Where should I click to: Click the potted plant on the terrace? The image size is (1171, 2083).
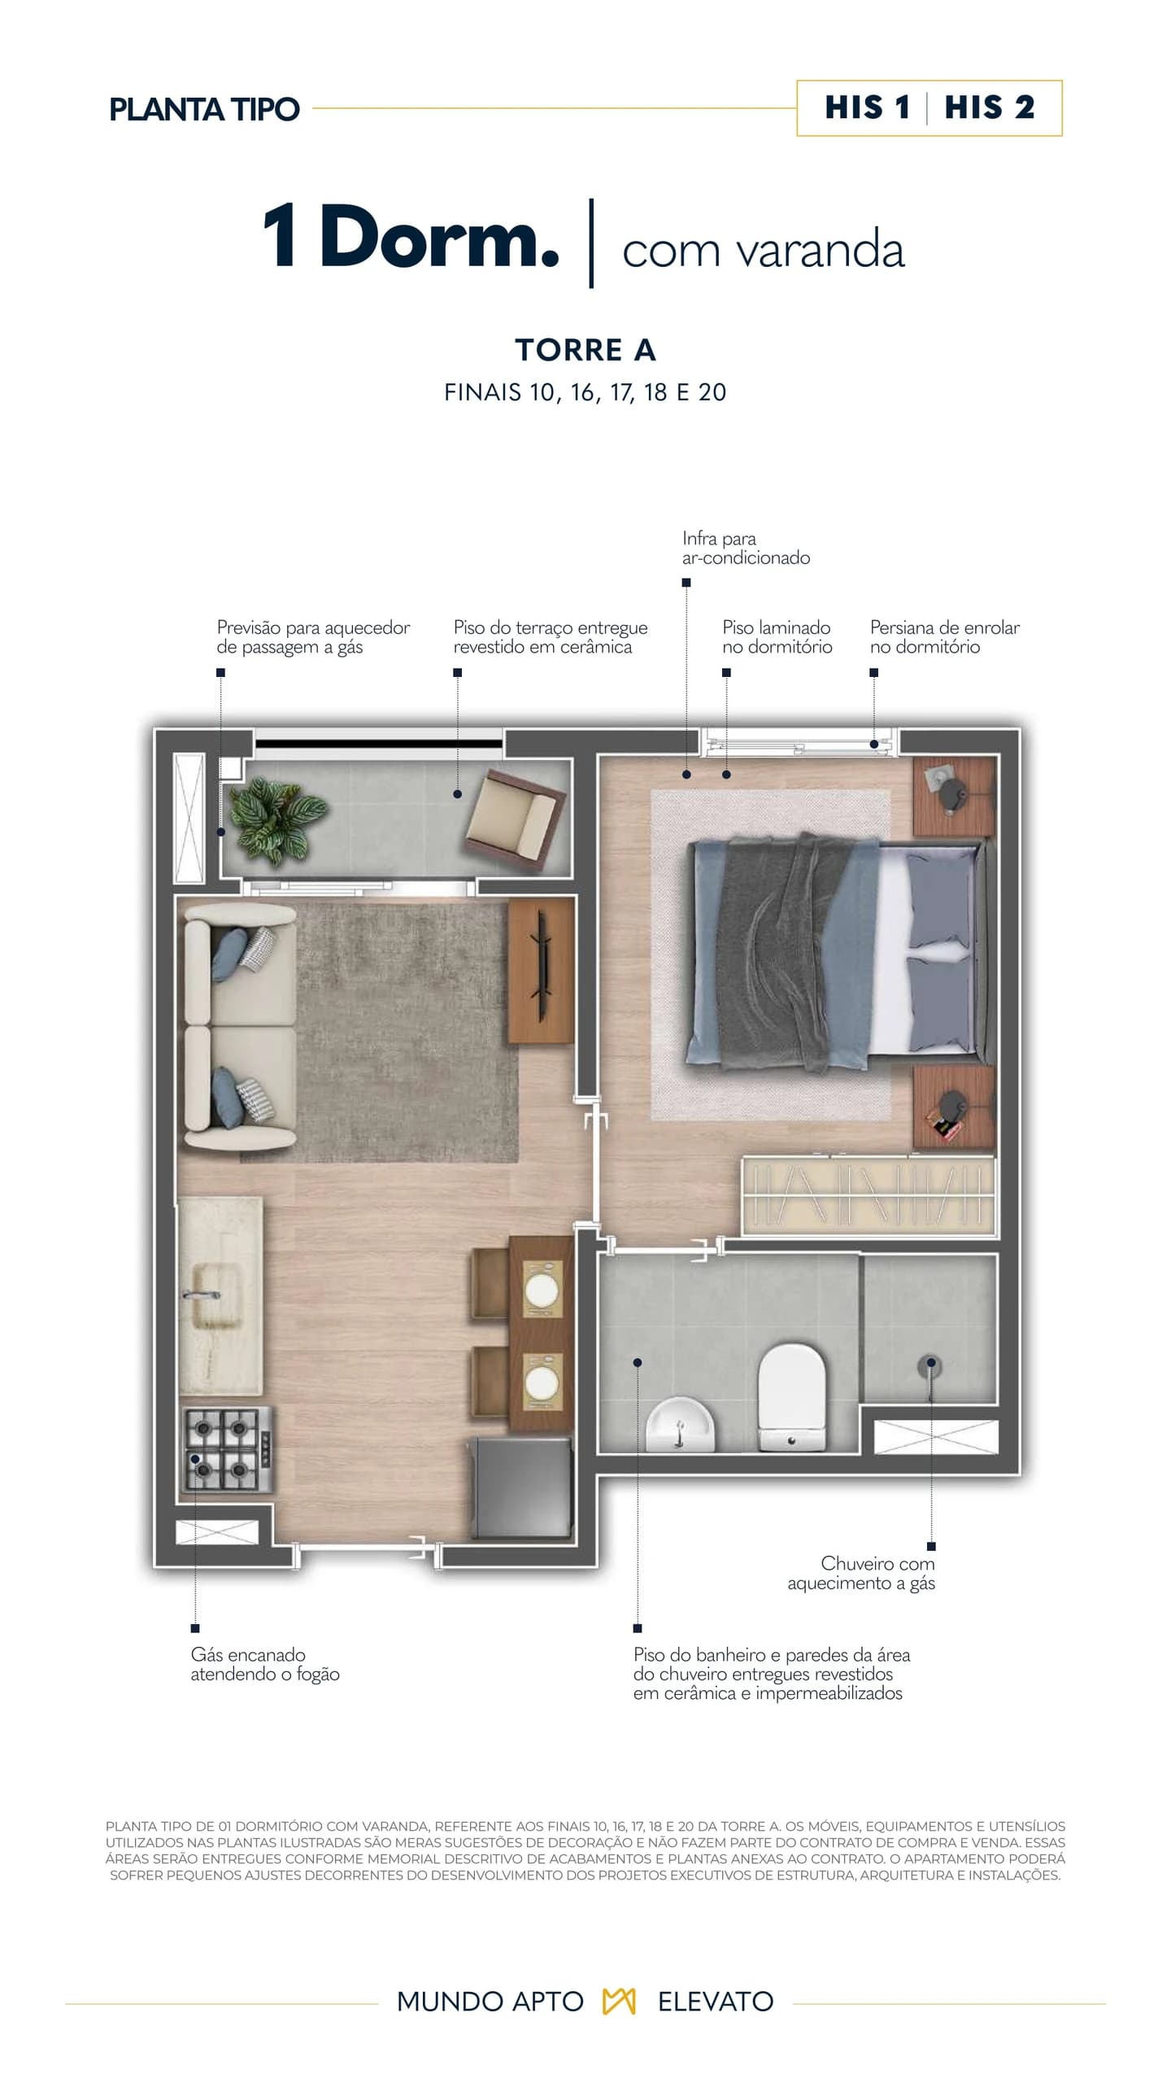(276, 817)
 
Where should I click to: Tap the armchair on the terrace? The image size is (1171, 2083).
(516, 819)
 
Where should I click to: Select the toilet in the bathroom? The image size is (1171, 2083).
(791, 1396)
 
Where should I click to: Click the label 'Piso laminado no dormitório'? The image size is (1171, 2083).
(777, 637)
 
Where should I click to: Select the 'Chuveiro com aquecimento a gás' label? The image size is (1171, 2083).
(861, 1573)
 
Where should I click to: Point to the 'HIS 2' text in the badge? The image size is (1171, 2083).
(990, 107)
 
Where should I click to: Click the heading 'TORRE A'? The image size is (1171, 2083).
(585, 350)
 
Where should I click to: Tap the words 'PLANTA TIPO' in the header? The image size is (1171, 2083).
(204, 109)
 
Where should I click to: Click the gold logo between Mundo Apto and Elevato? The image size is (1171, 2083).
(619, 2002)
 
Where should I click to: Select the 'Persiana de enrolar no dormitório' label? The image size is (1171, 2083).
(945, 637)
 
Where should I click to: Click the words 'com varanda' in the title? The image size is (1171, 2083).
(764, 249)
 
